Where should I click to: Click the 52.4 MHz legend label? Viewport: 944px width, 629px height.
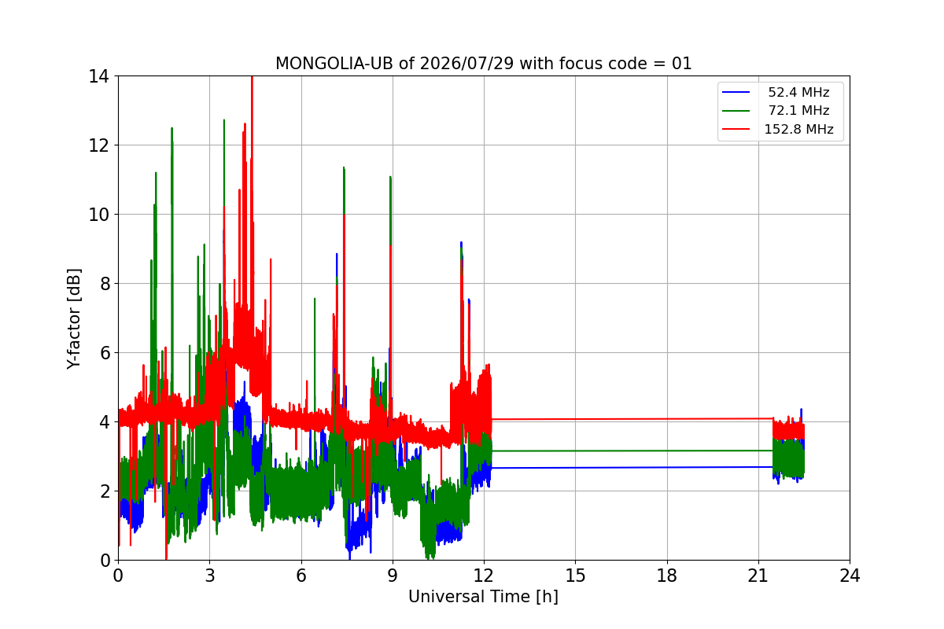click(x=798, y=92)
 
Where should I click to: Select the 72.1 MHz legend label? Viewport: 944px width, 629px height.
click(x=798, y=110)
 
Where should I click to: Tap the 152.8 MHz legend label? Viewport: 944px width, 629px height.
click(x=798, y=129)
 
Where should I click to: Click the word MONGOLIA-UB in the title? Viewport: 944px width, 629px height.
click(x=334, y=64)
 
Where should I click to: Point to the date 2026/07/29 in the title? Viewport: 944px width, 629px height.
click(x=466, y=64)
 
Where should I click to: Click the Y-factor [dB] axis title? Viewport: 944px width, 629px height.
click(x=73, y=319)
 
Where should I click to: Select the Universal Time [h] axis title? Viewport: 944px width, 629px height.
click(x=483, y=597)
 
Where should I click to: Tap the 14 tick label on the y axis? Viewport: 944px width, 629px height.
click(x=98, y=77)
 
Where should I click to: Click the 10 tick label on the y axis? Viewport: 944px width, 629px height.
click(x=98, y=215)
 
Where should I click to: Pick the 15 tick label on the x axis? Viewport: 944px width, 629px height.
click(x=575, y=576)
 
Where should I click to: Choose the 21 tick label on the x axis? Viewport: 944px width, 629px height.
click(x=758, y=576)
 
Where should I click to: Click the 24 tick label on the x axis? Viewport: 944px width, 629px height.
click(x=850, y=576)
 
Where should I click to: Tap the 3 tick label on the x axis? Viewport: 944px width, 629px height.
click(x=210, y=576)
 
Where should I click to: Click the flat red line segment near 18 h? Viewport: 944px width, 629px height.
click(x=632, y=419)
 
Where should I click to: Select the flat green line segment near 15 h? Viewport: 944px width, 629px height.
click(x=632, y=451)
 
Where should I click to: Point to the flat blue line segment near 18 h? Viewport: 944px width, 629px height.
click(x=632, y=467)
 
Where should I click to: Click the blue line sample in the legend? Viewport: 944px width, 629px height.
click(x=736, y=92)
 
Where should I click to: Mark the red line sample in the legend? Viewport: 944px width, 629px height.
click(x=736, y=129)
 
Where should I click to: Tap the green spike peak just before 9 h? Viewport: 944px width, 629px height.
click(x=390, y=178)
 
